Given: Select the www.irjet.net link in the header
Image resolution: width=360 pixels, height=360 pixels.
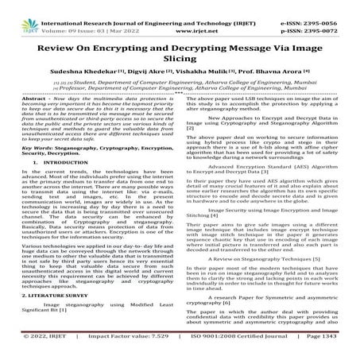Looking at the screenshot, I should (x=179, y=14).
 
